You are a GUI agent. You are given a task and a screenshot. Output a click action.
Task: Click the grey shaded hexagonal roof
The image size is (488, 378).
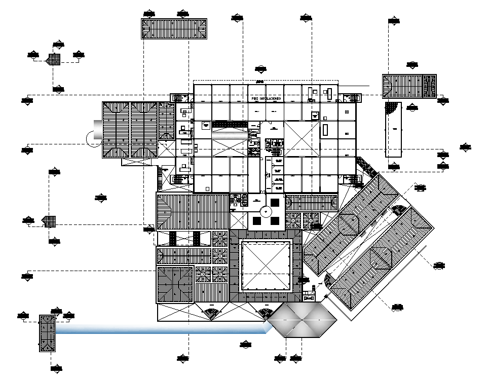pos(302,320)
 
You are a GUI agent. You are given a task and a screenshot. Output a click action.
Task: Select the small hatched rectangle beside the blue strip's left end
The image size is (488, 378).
pos(47,333)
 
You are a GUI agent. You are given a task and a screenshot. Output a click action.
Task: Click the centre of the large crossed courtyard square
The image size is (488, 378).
pos(266,266)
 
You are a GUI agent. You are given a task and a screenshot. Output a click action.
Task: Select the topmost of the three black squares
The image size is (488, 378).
pos(275,202)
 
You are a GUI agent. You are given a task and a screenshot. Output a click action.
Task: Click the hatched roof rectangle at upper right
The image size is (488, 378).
pos(409,87)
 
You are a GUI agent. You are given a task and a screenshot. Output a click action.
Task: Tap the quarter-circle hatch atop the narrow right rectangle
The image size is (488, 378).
pos(391,108)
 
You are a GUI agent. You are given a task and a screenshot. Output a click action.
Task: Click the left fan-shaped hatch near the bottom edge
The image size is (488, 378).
pos(211,314)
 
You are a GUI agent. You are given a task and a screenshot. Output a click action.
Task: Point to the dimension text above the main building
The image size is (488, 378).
pos(259,81)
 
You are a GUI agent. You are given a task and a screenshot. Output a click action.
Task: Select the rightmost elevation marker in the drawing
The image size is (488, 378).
pos(466,147)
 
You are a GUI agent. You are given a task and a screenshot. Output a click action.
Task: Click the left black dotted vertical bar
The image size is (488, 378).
pos(172,238)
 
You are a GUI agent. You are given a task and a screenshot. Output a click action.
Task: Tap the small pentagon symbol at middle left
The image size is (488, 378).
pos(50,221)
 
